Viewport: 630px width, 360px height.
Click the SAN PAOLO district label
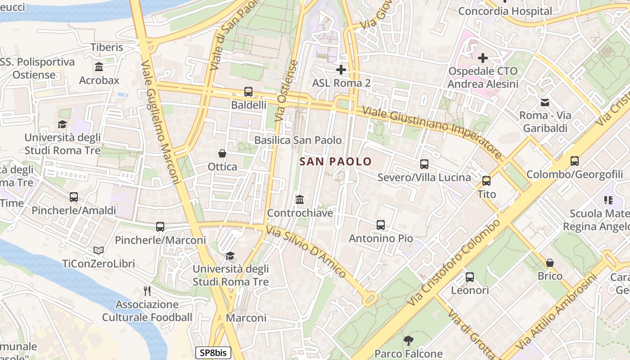click(336, 162)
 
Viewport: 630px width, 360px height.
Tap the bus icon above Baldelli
click(248, 92)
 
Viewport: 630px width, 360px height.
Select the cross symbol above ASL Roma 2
click(341, 70)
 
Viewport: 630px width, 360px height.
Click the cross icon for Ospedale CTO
click(483, 58)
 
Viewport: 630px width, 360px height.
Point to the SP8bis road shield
click(213, 353)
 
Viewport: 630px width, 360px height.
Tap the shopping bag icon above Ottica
click(222, 153)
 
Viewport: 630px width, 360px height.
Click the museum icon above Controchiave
click(300, 199)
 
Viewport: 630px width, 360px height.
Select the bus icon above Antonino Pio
click(381, 225)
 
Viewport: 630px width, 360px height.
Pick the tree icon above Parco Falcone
click(408, 341)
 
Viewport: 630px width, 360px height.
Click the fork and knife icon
click(147, 291)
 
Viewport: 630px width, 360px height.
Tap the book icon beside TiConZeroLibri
click(99, 250)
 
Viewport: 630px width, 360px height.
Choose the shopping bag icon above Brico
click(550, 263)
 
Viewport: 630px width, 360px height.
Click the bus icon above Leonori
click(470, 277)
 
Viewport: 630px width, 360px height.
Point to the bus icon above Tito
click(486, 181)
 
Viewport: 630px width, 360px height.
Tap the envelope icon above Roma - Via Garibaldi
click(545, 102)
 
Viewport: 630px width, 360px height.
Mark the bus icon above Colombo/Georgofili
click(575, 161)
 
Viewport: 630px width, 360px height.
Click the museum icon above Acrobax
click(99, 67)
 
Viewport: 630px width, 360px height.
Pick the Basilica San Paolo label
click(298, 140)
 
